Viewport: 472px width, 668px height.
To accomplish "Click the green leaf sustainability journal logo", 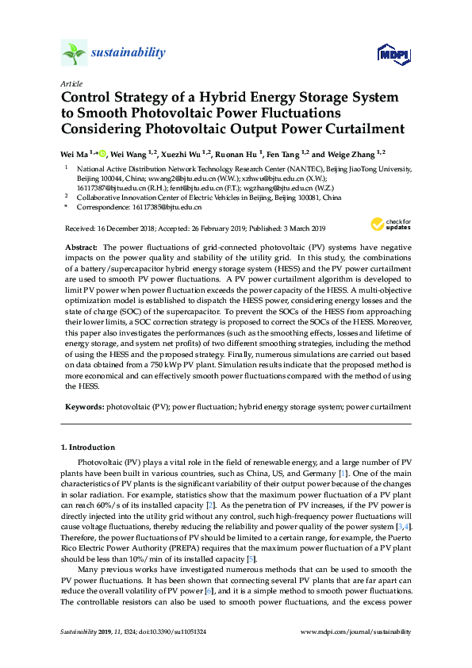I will click(74, 53).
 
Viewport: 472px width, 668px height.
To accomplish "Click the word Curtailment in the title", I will click(360, 129).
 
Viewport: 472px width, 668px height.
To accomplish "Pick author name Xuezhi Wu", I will click(179, 153).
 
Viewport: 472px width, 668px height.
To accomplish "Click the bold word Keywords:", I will click(83, 407).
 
